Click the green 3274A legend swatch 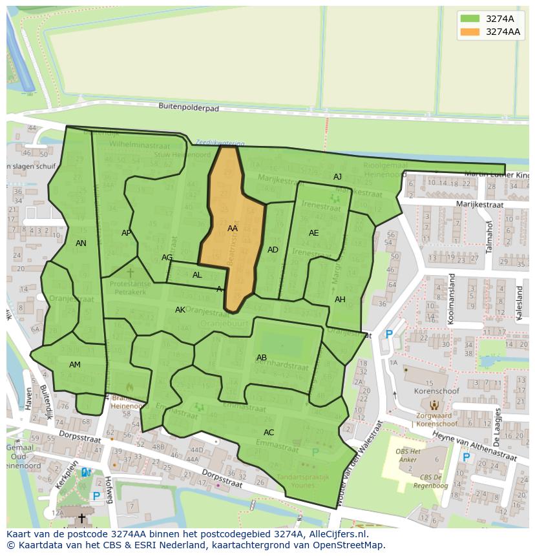[x=470, y=19]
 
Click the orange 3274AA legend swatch [x=470, y=32]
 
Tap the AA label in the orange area [x=233, y=228]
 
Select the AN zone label [x=81, y=243]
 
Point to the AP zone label [x=127, y=233]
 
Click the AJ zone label [x=337, y=177]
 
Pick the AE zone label [x=313, y=233]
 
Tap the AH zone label [x=340, y=299]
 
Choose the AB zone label [x=262, y=358]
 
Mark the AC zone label [x=269, y=432]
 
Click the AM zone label [x=75, y=365]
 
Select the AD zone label [x=273, y=250]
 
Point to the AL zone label [x=197, y=274]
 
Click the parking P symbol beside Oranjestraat [x=389, y=334]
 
